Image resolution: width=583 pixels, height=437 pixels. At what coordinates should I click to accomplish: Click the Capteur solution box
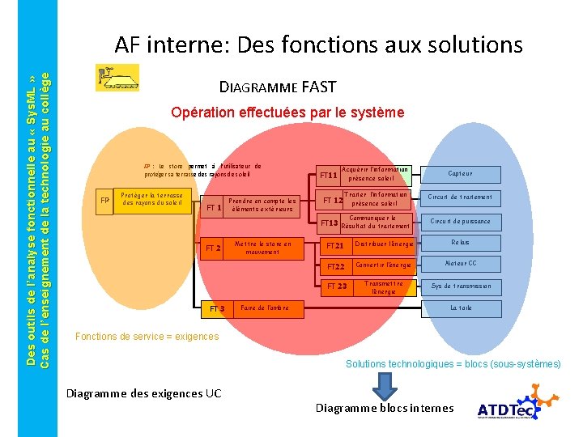461,174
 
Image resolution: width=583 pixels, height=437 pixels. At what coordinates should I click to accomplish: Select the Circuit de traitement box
461,197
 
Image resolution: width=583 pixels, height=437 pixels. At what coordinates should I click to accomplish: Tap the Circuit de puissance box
461,221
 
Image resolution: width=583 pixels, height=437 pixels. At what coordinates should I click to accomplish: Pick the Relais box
461,243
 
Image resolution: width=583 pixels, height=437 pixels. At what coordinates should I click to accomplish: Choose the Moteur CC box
461,264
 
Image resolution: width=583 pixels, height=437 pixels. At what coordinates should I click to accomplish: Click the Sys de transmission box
461,286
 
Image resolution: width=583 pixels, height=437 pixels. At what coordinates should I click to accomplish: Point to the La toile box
461,308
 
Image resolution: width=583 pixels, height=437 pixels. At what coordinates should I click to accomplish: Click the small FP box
104,201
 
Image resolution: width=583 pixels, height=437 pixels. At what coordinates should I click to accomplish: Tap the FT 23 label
337,286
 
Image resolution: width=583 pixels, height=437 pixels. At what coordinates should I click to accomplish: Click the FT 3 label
217,309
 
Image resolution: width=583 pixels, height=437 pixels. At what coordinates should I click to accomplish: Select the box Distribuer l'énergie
384,244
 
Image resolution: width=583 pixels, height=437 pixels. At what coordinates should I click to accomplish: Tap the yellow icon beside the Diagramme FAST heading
117,78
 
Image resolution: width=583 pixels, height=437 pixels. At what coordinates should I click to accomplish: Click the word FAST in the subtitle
318,87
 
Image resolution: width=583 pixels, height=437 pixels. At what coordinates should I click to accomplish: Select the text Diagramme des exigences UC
143,393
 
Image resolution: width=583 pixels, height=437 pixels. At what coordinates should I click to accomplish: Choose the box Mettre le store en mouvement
262,248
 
